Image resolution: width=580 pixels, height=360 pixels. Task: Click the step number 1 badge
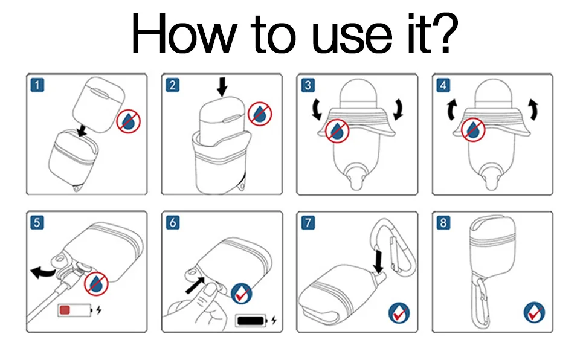coord(37,85)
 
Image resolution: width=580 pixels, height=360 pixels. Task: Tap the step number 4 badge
coord(443,85)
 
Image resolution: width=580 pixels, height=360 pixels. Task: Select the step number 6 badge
coord(173,222)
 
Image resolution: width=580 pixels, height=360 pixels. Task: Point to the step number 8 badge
coord(443,222)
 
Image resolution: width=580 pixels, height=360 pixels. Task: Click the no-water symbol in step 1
coord(129,121)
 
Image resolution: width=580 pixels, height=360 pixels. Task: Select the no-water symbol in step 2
coord(260,113)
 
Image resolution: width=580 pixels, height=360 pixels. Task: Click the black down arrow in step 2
coord(223,88)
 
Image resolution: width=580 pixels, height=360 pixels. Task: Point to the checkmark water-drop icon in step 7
coord(398,312)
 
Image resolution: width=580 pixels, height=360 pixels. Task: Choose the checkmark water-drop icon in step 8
coord(534,312)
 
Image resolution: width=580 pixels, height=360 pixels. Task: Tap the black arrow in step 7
coord(379,260)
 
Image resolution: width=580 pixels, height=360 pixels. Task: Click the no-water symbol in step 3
coord(337,130)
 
